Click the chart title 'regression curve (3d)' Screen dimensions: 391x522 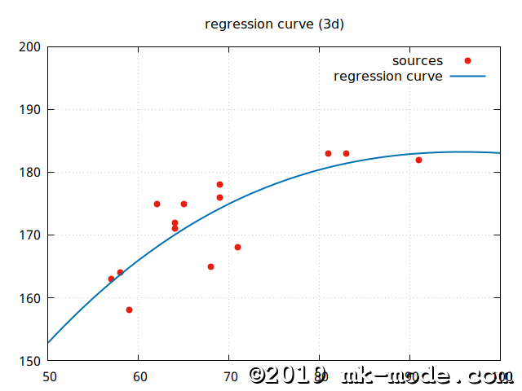[x=274, y=24]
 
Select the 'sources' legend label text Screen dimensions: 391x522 [x=417, y=61]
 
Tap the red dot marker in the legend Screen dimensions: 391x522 [x=467, y=61]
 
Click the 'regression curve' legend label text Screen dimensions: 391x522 [x=388, y=77]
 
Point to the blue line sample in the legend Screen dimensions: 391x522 [x=467, y=77]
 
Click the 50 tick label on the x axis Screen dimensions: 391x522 [x=48, y=377]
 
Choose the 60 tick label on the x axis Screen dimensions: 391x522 [x=139, y=377]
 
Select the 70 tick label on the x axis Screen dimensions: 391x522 [x=229, y=377]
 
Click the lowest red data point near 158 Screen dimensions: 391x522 [x=129, y=310]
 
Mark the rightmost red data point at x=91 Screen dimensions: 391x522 [x=418, y=160]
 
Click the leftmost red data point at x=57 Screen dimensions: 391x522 [x=111, y=279]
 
